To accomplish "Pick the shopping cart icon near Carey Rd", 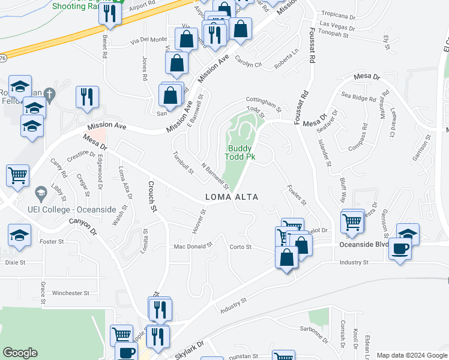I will click(18, 175).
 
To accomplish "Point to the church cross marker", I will click(50, 94).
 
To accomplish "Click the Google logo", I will click(20, 352).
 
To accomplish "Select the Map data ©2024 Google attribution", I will click(411, 355).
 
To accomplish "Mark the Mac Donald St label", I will click(193, 246).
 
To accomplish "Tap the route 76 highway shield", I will click(3, 58).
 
